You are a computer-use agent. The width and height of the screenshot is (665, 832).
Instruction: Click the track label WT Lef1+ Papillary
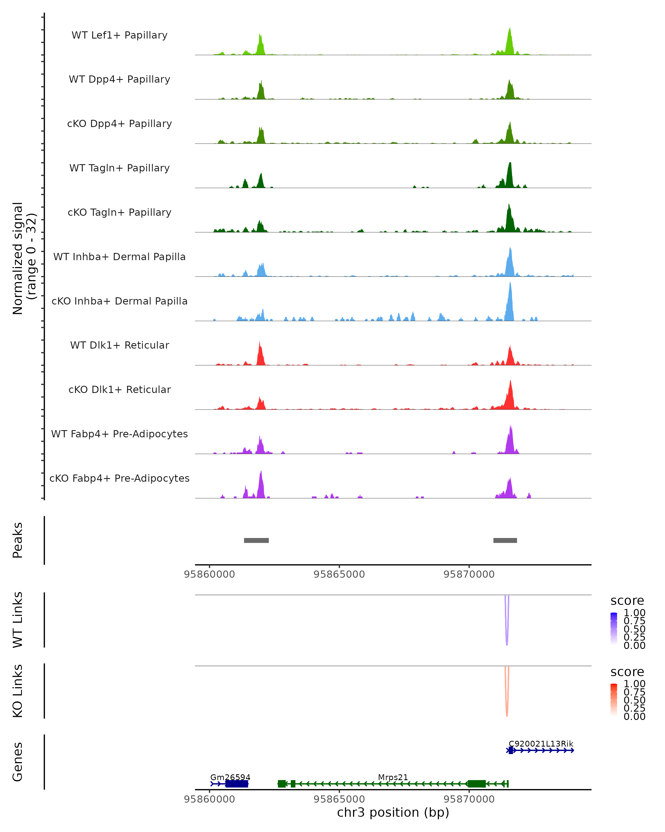(119, 35)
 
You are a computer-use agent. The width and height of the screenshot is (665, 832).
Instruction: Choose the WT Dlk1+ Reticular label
(119, 345)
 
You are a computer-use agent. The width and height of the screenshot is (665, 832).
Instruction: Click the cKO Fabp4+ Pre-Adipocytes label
(119, 478)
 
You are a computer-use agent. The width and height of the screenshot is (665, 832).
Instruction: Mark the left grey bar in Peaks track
(256, 540)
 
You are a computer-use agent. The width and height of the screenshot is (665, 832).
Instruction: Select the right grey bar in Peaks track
(505, 540)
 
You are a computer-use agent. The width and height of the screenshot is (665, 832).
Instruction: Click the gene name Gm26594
(230, 777)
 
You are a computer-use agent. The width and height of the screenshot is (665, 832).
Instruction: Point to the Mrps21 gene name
(393, 777)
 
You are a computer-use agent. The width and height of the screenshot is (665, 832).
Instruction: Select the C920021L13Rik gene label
(541, 744)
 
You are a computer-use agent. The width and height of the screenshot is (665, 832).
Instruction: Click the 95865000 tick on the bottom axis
(339, 799)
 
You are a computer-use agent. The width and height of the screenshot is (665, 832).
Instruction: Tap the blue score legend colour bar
(614, 629)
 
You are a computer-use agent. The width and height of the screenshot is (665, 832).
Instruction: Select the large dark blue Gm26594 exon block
(237, 784)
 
